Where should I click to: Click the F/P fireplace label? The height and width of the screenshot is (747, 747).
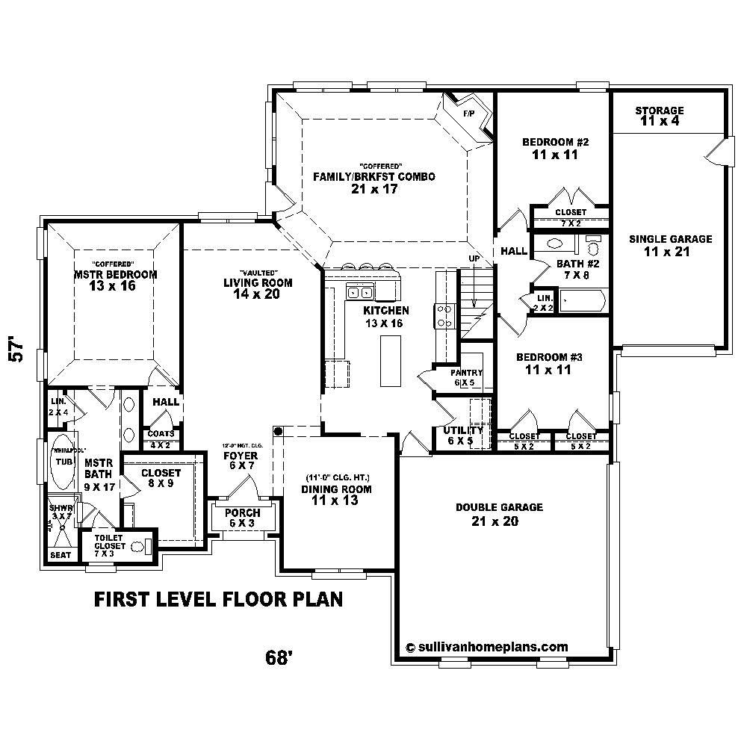pyautogui.click(x=469, y=114)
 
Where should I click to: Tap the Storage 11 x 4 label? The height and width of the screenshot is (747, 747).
pyautogui.click(x=660, y=116)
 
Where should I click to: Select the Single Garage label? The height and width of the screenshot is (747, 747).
pyautogui.click(x=670, y=245)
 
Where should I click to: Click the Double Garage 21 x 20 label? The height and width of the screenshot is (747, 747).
pyautogui.click(x=499, y=514)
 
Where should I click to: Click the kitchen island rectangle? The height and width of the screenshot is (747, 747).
pyautogui.click(x=391, y=361)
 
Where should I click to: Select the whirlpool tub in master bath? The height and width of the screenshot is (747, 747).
pyautogui.click(x=60, y=462)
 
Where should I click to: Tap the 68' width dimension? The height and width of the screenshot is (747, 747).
pyautogui.click(x=278, y=657)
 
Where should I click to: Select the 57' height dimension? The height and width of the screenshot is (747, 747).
pyautogui.click(x=20, y=352)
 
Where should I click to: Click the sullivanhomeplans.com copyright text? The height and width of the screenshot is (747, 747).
pyautogui.click(x=486, y=647)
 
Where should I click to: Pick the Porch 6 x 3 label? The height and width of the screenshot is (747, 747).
pyautogui.click(x=243, y=518)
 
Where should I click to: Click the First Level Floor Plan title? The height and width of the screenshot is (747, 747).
pyautogui.click(x=218, y=599)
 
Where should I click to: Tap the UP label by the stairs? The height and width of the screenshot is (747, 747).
pyautogui.click(x=472, y=258)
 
